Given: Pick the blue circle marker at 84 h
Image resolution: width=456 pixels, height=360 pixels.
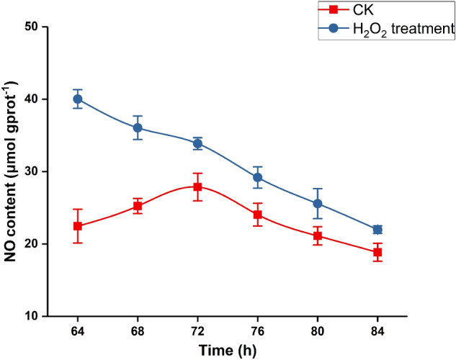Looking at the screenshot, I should coord(377,229).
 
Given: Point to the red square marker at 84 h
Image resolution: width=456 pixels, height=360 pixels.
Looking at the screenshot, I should coord(377,252).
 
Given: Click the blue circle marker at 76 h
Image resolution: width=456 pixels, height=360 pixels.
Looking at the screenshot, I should coord(257,177).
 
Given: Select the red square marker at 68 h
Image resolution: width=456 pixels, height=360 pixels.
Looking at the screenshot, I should coord(138,206).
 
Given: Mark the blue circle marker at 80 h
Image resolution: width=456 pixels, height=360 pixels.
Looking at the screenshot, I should coord(317,204).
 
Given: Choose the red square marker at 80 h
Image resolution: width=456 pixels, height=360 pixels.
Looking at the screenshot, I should coord(317,235).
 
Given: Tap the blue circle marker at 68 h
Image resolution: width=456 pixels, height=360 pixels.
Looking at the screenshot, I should coord(138,128).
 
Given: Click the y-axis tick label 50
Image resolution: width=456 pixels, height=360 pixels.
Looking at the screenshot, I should coord(32,27).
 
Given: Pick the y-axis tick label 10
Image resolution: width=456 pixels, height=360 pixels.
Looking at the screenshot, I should coord(32,316).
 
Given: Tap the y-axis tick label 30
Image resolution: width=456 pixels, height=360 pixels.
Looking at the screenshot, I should coord(32,171).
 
